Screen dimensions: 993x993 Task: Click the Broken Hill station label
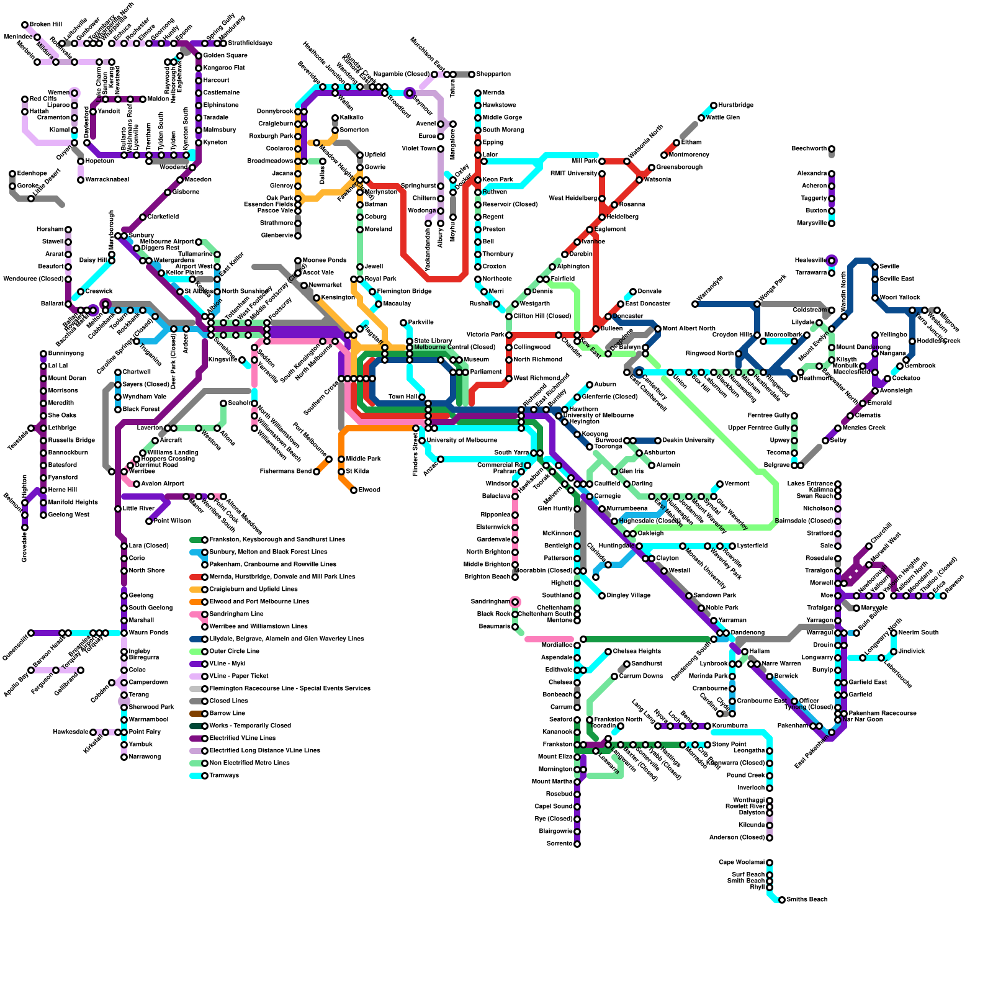click(x=46, y=25)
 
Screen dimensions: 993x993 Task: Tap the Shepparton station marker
click(x=472, y=74)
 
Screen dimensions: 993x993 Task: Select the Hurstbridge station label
click(x=736, y=106)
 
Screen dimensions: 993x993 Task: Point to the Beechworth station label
click(x=809, y=149)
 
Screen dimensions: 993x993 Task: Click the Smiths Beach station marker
click(x=782, y=900)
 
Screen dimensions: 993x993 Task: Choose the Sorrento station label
click(x=559, y=844)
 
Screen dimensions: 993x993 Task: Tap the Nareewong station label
click(x=145, y=757)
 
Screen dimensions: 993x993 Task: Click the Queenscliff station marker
click(x=31, y=633)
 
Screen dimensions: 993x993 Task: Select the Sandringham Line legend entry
click(x=236, y=614)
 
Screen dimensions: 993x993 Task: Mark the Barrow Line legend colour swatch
click(x=195, y=714)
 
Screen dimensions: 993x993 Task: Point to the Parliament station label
click(x=486, y=372)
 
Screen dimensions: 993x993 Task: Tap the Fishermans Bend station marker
click(x=317, y=472)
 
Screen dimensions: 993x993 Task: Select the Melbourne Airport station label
click(x=167, y=242)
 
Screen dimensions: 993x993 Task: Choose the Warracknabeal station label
click(x=107, y=180)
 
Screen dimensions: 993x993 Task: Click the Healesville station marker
click(x=832, y=261)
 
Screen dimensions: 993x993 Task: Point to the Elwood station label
click(x=369, y=490)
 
